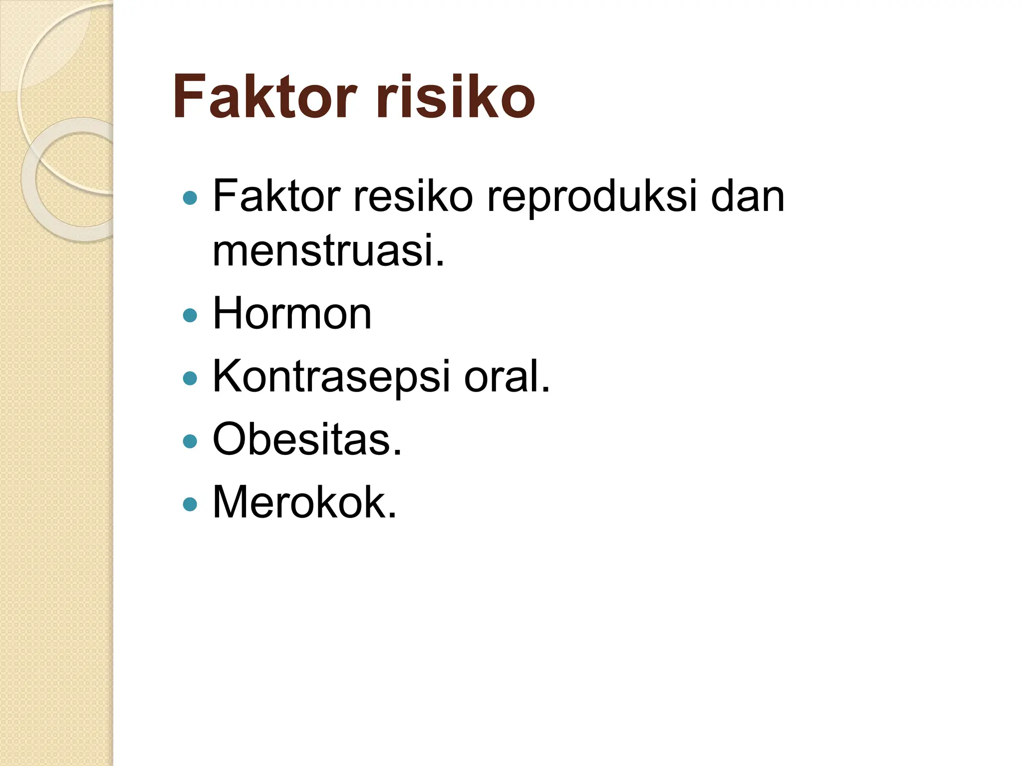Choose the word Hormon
(x=292, y=314)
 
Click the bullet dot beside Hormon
(x=190, y=315)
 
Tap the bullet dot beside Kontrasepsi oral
(x=190, y=378)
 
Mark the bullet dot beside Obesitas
(x=190, y=441)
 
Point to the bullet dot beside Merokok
(x=190, y=504)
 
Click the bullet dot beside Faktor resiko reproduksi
(x=190, y=198)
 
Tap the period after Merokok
(x=392, y=516)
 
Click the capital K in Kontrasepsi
(x=227, y=377)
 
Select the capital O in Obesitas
(x=230, y=439)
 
